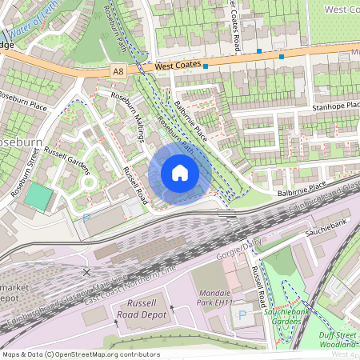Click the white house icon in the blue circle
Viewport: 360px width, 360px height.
(180, 173)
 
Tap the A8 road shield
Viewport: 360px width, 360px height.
(118, 71)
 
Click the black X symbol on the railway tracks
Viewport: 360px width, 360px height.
(86, 272)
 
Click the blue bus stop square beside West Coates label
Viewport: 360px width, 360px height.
(205, 66)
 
